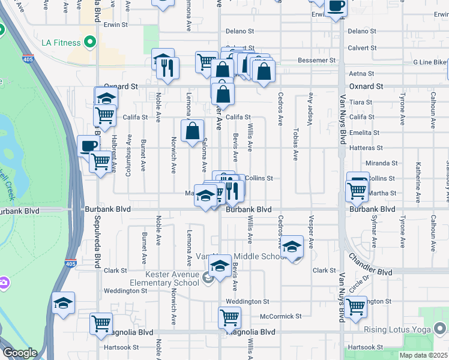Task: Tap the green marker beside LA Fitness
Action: point(90,42)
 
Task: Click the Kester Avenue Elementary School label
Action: point(164,278)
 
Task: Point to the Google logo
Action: point(19,353)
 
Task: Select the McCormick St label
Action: point(281,316)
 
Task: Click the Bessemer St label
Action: point(317,61)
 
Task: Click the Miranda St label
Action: point(382,163)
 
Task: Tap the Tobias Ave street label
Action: point(295,146)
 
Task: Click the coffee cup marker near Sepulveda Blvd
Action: point(88,146)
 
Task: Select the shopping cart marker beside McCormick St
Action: point(229,317)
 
